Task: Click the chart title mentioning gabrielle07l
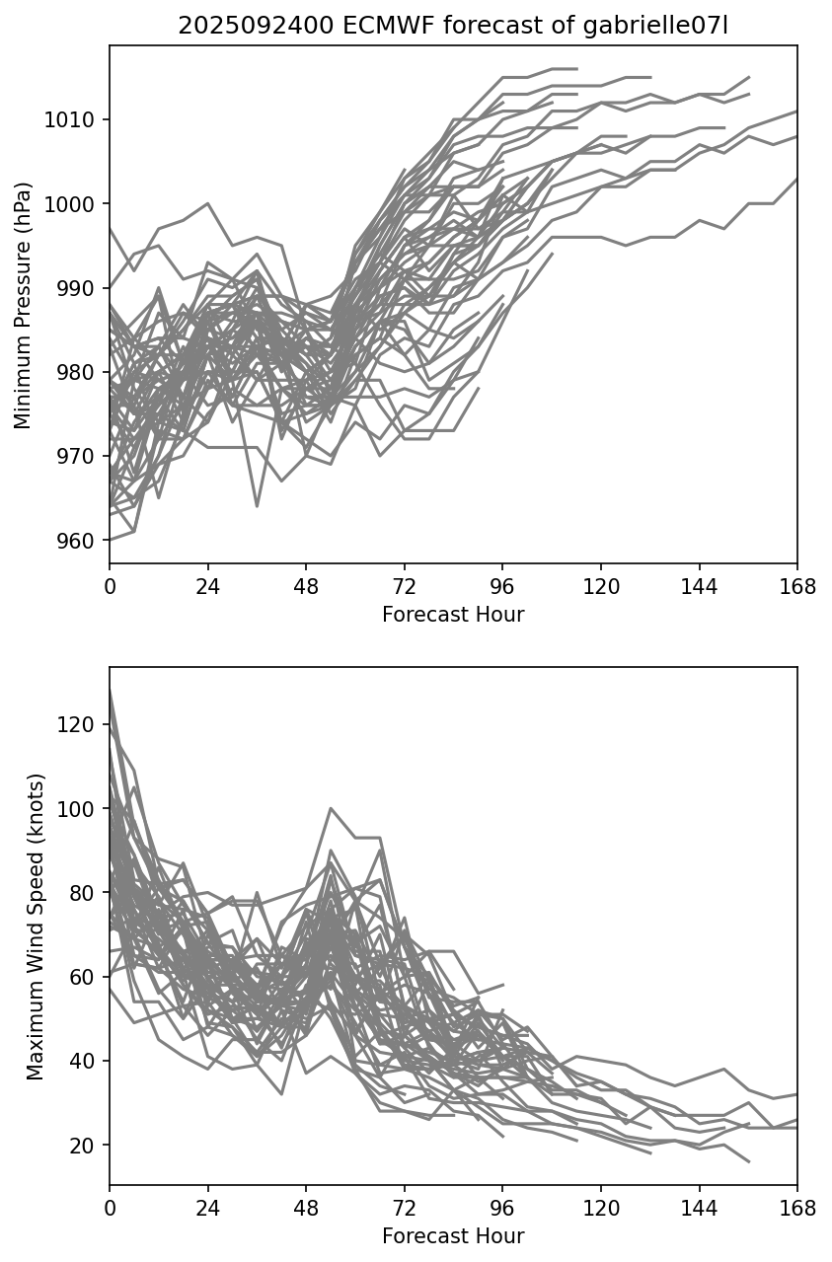point(453,27)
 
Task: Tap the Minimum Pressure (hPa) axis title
point(24,305)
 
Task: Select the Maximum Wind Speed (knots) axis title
point(36,927)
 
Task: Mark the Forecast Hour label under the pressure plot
point(453,615)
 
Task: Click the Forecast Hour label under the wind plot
point(453,1235)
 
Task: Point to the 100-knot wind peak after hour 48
point(331,808)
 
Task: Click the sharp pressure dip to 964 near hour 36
point(257,506)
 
